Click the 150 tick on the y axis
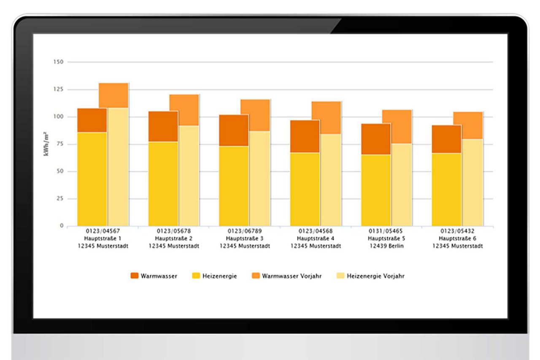point(58,62)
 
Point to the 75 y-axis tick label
point(59,144)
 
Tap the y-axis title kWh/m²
point(46,144)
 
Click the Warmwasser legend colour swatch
point(134,276)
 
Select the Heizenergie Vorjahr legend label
point(375,276)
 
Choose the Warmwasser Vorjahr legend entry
point(292,276)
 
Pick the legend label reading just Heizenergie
point(219,276)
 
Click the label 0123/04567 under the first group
point(103,231)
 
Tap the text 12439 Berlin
point(386,246)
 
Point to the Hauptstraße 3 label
point(245,239)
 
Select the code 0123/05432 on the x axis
point(457,231)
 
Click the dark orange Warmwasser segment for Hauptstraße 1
point(92,120)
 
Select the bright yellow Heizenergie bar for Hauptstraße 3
point(234,185)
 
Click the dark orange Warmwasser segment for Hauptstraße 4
point(305,136)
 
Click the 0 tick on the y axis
point(61,226)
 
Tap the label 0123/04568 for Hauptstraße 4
point(316,231)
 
